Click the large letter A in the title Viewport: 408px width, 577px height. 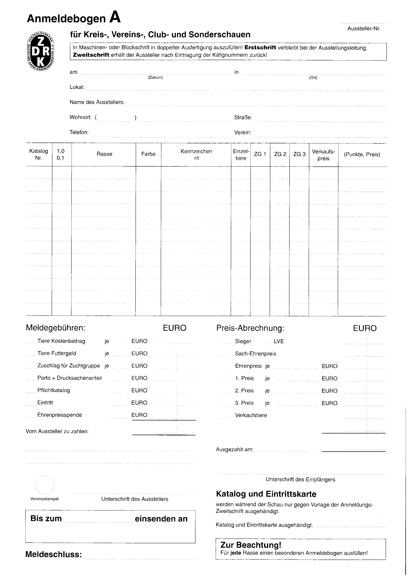(115, 18)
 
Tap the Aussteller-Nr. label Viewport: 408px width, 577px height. (364, 29)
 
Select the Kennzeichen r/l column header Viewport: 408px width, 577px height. (196, 155)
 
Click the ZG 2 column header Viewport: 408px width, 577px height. (280, 154)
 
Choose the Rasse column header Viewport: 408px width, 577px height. (104, 154)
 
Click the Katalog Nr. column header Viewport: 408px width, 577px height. (39, 154)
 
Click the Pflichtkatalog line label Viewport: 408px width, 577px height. (53, 390)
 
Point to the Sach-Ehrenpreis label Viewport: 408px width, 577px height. (255, 354)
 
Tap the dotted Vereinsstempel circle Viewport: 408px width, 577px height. (45, 485)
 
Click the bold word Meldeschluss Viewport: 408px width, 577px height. (53, 555)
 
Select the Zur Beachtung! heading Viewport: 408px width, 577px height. (251, 545)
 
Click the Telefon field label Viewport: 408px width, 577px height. (79, 132)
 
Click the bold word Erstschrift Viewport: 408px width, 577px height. (260, 48)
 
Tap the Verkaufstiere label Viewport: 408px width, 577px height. (251, 415)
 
